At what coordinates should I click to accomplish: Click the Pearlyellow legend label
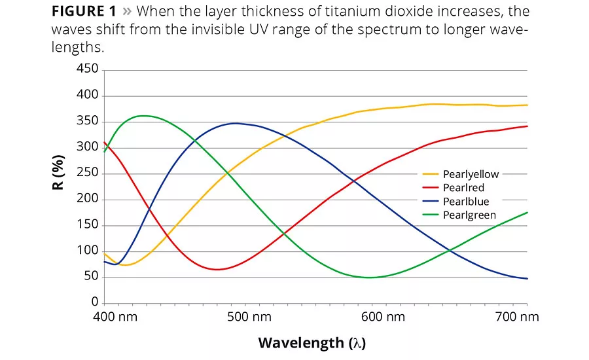pos(471,174)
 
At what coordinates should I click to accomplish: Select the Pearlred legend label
pos(464,188)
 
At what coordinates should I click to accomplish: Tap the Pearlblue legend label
pos(466,202)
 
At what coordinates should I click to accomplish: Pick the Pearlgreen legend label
pos(469,215)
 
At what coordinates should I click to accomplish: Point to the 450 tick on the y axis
pos(87,69)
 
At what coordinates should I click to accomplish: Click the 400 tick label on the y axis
pos(87,96)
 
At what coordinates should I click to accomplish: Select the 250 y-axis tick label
pos(87,173)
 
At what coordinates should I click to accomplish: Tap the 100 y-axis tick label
pos(87,251)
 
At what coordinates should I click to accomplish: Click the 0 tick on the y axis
pos(94,302)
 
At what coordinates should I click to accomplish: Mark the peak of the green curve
pos(143,116)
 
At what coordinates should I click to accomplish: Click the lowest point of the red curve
pos(217,269)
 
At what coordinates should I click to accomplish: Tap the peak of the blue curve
pos(235,123)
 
